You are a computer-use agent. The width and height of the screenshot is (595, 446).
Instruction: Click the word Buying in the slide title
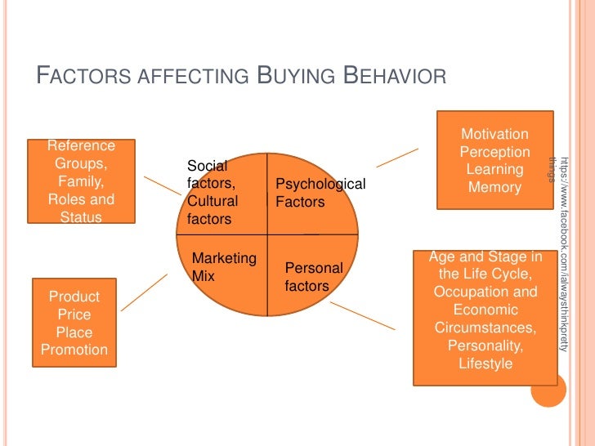[296, 77]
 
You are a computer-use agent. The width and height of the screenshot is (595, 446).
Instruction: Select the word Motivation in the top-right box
[494, 135]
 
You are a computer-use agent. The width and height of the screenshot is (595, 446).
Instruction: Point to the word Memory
[494, 188]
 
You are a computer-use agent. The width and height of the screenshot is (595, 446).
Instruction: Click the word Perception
[494, 153]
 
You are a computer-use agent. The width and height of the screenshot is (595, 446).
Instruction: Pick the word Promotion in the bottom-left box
[74, 350]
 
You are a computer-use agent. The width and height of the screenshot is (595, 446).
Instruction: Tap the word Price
[74, 314]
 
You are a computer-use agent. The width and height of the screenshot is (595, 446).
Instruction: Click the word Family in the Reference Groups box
[81, 182]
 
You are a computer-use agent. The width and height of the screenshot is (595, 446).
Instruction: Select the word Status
[81, 217]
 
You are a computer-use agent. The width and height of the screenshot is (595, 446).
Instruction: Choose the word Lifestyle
[485, 363]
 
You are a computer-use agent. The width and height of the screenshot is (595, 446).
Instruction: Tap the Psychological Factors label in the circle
[320, 193]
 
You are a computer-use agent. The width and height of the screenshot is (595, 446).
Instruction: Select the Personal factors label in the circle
[313, 277]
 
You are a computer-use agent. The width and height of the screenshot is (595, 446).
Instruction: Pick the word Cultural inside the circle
[212, 201]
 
